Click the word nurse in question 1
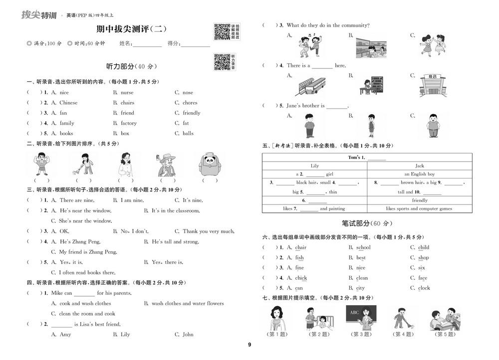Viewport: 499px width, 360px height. pyautogui.click(x=127, y=93)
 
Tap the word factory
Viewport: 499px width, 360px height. pyautogui.click(x=128, y=123)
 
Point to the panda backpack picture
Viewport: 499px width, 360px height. pyautogui.click(x=210, y=164)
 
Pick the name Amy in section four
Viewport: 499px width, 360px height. pyautogui.click(x=65, y=335)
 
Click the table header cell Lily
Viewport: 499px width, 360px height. pyautogui.click(x=314, y=166)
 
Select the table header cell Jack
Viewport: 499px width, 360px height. pyautogui.click(x=419, y=166)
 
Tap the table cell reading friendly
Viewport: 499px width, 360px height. pyautogui.click(x=419, y=200)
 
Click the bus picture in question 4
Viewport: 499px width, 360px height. pyautogui.click(x=310, y=86)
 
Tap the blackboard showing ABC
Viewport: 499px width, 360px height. pyautogui.click(x=360, y=317)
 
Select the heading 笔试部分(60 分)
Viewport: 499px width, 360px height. pyautogui.click(x=367, y=223)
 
